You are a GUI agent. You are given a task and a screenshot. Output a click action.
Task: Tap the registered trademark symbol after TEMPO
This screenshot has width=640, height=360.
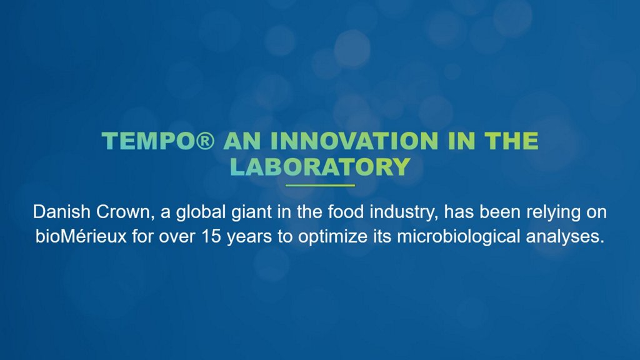(x=205, y=141)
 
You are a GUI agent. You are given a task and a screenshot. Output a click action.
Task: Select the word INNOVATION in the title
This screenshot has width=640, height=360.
(x=354, y=141)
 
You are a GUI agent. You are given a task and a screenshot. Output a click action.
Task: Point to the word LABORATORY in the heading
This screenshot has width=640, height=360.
(x=320, y=167)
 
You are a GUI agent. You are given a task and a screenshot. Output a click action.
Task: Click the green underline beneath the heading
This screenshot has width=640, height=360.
(x=320, y=186)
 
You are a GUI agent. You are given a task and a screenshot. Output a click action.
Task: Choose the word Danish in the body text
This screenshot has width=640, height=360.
(x=62, y=212)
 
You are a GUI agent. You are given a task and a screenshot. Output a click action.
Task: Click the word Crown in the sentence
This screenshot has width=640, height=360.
(x=125, y=212)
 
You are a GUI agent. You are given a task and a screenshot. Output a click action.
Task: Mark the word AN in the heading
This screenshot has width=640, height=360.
(x=242, y=141)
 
